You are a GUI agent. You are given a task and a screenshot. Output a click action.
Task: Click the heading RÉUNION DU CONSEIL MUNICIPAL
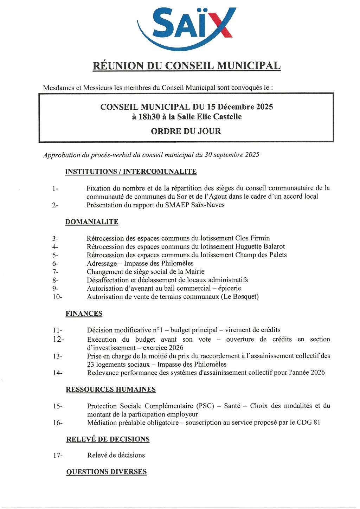point(186,66)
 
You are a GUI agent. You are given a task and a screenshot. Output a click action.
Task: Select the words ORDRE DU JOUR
point(186,131)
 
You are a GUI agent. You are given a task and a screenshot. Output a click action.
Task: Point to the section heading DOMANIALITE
point(92,222)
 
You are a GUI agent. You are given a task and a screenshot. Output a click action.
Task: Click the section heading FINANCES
point(84,314)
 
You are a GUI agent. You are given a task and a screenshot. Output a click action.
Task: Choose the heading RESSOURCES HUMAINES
point(111,389)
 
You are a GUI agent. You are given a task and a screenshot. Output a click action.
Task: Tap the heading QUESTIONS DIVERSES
point(107,472)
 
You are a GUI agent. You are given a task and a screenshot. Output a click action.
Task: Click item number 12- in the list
point(58,339)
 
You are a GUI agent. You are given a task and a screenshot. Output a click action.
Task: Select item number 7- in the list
point(55,272)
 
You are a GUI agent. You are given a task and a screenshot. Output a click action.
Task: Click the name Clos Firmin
point(252,238)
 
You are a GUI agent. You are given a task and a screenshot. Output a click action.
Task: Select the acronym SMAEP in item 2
point(176,205)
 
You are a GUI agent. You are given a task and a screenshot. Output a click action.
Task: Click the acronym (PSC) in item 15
point(205,406)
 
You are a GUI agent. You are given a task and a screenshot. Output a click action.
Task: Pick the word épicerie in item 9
point(229,288)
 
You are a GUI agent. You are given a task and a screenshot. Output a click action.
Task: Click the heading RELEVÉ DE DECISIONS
point(108,439)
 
